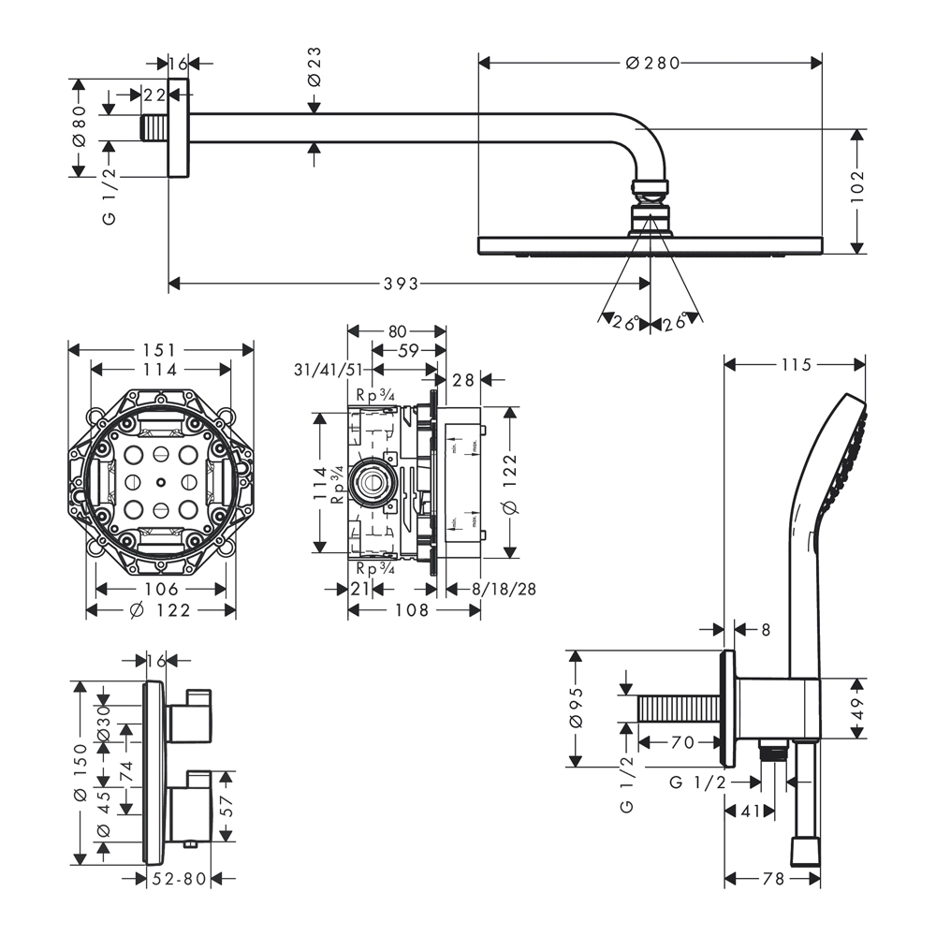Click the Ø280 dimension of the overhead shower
click(x=651, y=63)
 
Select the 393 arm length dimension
click(x=400, y=283)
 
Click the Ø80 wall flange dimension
click(x=80, y=125)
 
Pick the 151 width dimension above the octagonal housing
click(x=160, y=349)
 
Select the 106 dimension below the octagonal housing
click(x=161, y=589)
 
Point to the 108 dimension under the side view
click(x=411, y=610)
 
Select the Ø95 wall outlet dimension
click(x=577, y=709)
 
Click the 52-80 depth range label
click(x=180, y=878)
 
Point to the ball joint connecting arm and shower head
click(x=651, y=189)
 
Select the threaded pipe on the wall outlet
click(x=680, y=709)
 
